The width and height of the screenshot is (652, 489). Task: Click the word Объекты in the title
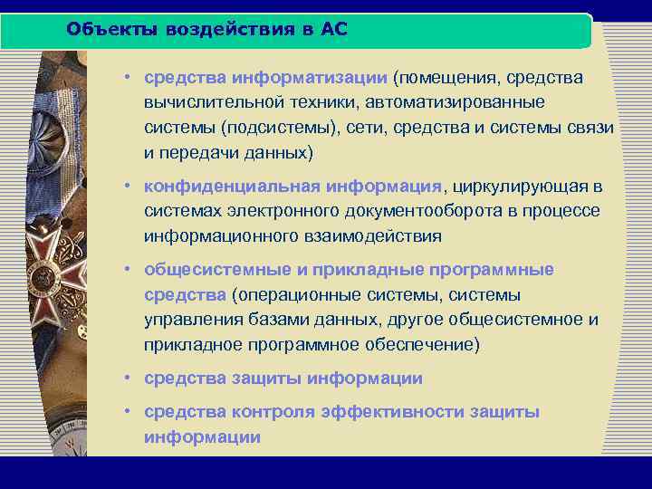pos(104,29)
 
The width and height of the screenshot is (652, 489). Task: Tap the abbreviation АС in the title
pos(334,29)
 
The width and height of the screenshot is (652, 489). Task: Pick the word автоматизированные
pos(467,103)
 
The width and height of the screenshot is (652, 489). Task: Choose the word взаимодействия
pos(370,236)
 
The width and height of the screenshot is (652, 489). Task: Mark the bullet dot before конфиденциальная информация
pos(131,187)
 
